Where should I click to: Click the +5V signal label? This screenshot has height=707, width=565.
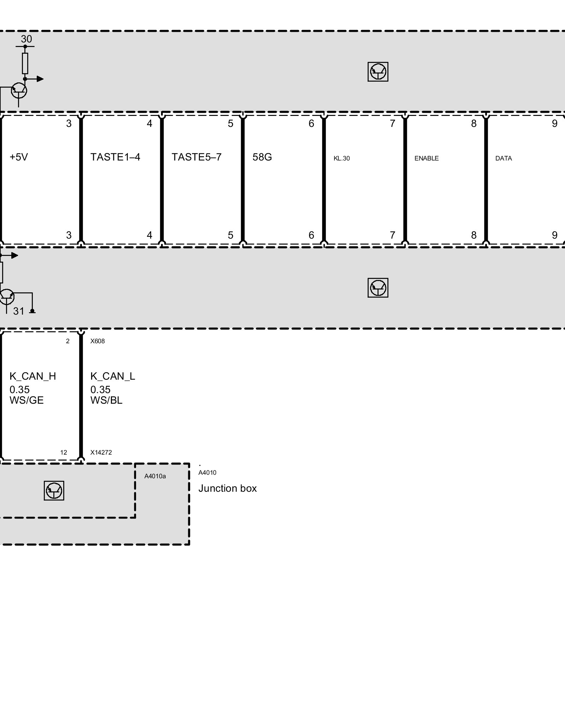coord(19,157)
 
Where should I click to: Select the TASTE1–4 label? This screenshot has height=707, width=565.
coord(115,157)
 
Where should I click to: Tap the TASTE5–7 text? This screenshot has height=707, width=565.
coord(196,157)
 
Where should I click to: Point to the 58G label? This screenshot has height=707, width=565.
coord(262,157)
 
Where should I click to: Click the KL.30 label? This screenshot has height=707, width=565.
coord(341,158)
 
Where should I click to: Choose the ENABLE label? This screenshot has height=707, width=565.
coord(427,158)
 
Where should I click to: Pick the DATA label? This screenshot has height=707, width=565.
coord(504,158)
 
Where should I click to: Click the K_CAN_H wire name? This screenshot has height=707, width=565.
coord(32,376)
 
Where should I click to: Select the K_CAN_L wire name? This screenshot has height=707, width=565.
coord(113,376)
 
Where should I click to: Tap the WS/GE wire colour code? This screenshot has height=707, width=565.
coord(26,401)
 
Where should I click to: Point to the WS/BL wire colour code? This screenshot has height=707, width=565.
coord(106,401)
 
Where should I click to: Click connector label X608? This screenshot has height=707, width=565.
coord(97,341)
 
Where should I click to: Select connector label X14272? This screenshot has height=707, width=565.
coord(101,452)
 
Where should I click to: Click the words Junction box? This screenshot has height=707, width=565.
coord(227,489)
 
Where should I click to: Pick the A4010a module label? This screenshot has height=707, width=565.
coord(155,476)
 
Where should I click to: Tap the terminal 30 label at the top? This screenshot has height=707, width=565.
coord(26,39)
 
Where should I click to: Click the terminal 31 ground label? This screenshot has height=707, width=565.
coord(19,311)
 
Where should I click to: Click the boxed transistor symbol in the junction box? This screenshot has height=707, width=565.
coord(54,490)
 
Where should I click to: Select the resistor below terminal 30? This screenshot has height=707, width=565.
coord(25,63)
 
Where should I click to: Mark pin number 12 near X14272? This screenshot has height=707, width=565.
coord(64,452)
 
